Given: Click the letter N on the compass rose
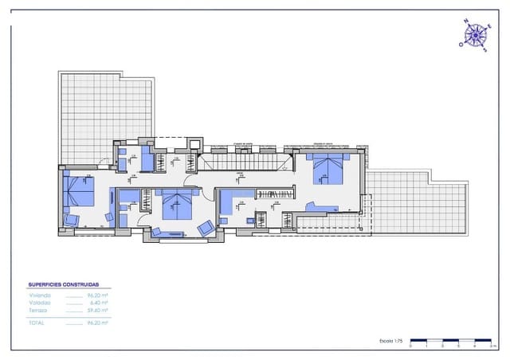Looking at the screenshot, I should (x=465, y=22).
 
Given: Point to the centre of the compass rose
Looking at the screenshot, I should (x=475, y=35).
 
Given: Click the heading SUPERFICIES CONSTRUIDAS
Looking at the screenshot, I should (x=64, y=284).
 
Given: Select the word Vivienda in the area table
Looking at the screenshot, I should (x=40, y=295).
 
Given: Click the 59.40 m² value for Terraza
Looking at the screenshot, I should (x=98, y=310).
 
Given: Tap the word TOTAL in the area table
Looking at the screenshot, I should (x=37, y=323).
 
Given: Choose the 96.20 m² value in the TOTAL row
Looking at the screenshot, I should (x=98, y=323).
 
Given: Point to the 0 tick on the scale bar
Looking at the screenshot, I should (x=411, y=346).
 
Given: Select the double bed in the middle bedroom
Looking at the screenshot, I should (x=176, y=204).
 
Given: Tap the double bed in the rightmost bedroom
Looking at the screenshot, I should (x=328, y=169).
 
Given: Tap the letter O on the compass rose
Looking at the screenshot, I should (x=461, y=45).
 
